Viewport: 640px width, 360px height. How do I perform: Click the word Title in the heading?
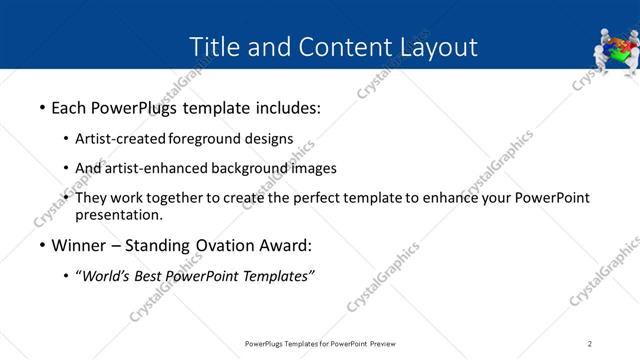(x=214, y=47)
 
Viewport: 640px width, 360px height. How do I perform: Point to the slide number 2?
(x=590, y=343)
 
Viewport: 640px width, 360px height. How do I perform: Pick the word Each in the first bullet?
(x=69, y=107)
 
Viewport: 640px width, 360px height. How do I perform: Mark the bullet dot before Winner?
(x=42, y=245)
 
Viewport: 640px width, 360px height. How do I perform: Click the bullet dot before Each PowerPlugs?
(x=42, y=107)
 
